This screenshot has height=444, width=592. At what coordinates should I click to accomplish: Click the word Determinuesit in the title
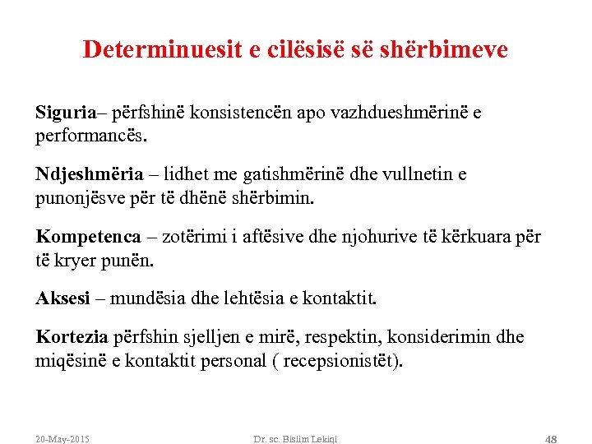point(162,50)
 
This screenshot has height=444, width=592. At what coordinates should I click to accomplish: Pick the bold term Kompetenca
point(88,238)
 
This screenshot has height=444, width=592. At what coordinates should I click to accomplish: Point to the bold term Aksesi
point(62,298)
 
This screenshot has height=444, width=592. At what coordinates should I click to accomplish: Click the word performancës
point(90,134)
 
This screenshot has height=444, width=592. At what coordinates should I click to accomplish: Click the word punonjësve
point(79,197)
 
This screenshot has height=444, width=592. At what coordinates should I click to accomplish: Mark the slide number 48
point(550,438)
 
